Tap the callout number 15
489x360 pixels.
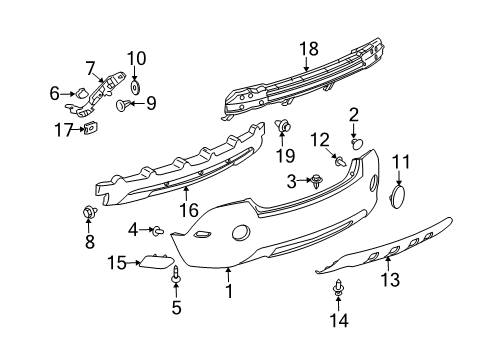pyautogui.click(x=116, y=262)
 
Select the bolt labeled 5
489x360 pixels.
pyautogui.click(x=178, y=274)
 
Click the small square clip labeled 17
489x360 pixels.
pyautogui.click(x=92, y=128)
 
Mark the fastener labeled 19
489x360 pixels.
pyautogui.click(x=283, y=127)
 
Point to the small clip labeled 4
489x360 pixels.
pyautogui.click(x=158, y=231)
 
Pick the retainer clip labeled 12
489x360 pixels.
pyautogui.click(x=341, y=161)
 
